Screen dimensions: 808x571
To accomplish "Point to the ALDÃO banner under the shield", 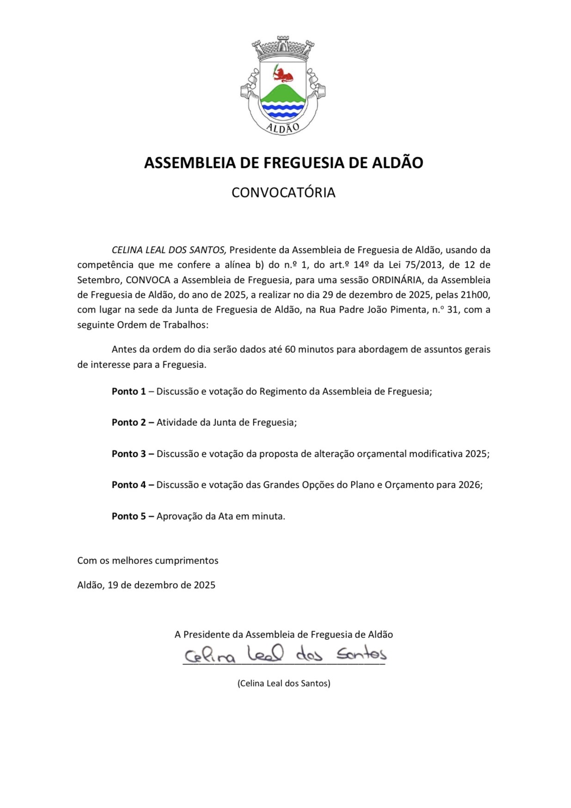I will click(283, 128).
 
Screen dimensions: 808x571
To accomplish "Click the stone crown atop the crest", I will click(283, 48).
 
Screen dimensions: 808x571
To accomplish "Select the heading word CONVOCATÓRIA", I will click(283, 192).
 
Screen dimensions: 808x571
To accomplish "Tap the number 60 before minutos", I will click(290, 349).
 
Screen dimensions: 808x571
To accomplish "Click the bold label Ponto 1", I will click(129, 392).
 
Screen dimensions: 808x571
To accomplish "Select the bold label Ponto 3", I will click(129, 454).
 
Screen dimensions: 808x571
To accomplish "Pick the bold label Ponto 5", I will click(129, 516).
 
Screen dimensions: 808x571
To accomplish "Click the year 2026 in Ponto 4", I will click(469, 485).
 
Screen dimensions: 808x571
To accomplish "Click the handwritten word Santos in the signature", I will click(362, 654).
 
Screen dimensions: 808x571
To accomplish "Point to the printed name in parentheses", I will click(284, 683).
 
